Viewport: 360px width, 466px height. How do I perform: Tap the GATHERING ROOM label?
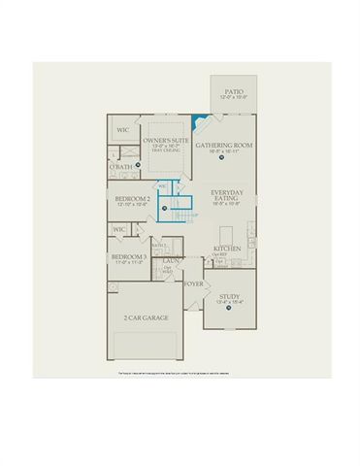coord(224,146)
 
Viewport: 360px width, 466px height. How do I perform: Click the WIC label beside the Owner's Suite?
coord(124,130)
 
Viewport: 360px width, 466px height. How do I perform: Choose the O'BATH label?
coord(120,168)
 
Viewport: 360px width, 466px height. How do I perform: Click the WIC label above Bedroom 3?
coord(120,229)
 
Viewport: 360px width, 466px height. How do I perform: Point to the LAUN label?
coord(169,260)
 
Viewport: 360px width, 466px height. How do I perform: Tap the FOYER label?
coord(194,284)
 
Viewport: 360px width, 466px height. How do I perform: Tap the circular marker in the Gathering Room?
coord(224,166)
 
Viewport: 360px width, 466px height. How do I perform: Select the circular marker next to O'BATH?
coord(139,166)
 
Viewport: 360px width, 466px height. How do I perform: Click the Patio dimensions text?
coord(229,97)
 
